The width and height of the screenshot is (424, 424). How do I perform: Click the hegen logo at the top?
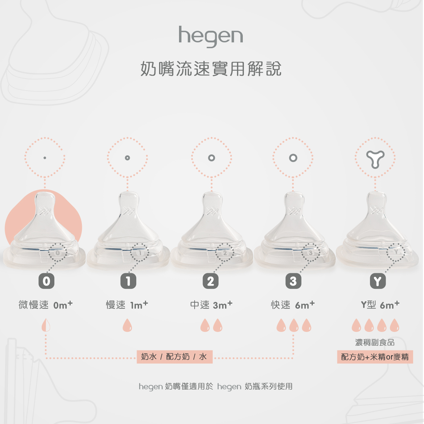click(x=211, y=36)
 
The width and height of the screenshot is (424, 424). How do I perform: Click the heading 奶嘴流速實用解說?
click(x=211, y=69)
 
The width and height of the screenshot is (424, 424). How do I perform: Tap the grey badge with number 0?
click(x=46, y=281)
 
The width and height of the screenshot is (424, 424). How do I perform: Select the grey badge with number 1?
click(x=128, y=281)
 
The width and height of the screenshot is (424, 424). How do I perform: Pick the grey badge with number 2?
click(x=211, y=281)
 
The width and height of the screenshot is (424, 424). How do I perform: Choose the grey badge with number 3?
click(x=293, y=281)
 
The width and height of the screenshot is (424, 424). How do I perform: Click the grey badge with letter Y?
click(x=378, y=281)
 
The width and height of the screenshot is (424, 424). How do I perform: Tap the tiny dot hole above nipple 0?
click(x=45, y=158)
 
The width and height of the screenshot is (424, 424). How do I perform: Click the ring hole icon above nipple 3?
click(x=293, y=158)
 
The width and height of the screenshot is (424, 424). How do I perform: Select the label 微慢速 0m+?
click(x=46, y=305)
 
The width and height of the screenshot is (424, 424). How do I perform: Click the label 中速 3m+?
click(x=211, y=305)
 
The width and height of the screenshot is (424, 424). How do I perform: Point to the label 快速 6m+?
click(x=293, y=305)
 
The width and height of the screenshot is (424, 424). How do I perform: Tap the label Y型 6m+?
click(x=380, y=305)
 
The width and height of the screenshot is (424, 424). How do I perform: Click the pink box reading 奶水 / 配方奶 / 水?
click(x=174, y=357)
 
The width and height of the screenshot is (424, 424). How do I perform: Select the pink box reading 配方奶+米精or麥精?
click(x=375, y=357)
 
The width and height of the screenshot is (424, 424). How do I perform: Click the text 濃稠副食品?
click(x=375, y=342)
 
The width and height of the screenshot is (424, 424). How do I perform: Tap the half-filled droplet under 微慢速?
click(x=46, y=325)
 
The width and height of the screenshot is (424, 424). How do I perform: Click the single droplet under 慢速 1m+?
click(x=127, y=325)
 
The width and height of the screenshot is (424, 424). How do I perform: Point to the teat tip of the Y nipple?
click(x=376, y=198)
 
